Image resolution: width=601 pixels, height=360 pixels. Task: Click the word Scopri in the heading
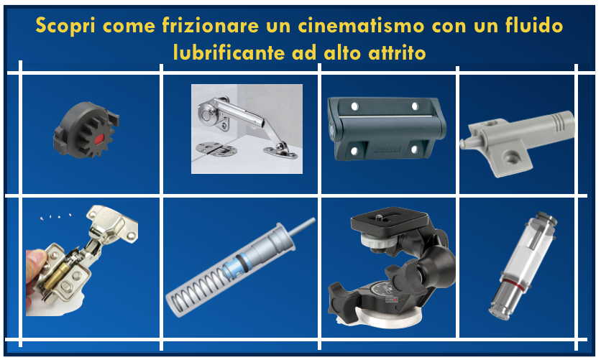click(65, 26)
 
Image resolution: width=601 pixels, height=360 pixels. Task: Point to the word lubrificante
click(229, 52)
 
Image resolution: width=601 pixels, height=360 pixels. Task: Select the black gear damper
click(86, 129)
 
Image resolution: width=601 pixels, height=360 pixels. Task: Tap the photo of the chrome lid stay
click(247, 129)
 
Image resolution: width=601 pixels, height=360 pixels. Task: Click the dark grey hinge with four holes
click(386, 129)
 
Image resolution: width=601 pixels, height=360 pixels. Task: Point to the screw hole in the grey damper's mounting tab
click(511, 156)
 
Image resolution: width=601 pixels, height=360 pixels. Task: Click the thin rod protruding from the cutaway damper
click(302, 227)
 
